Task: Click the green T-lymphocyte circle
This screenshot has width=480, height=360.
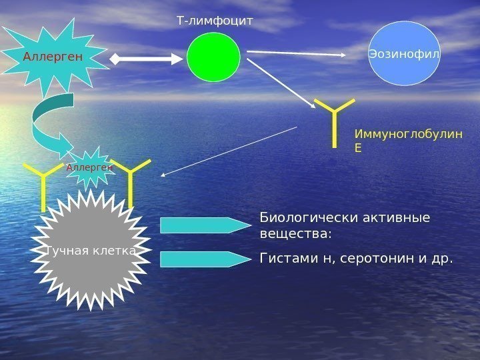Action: pyautogui.click(x=213, y=57)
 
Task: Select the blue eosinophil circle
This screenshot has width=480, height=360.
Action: pyautogui.click(x=404, y=53)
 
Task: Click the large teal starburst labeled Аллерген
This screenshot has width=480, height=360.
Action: pyautogui.click(x=53, y=57)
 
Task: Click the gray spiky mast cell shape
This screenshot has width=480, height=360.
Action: pyautogui.click(x=91, y=250)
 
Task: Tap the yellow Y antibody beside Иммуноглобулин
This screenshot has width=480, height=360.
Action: pyautogui.click(x=334, y=120)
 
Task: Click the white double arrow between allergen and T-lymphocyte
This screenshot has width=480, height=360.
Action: pyautogui.click(x=146, y=59)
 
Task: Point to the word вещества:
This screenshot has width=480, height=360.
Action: pyautogui.click(x=295, y=235)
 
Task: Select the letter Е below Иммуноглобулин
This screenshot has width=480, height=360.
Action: pyautogui.click(x=358, y=147)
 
